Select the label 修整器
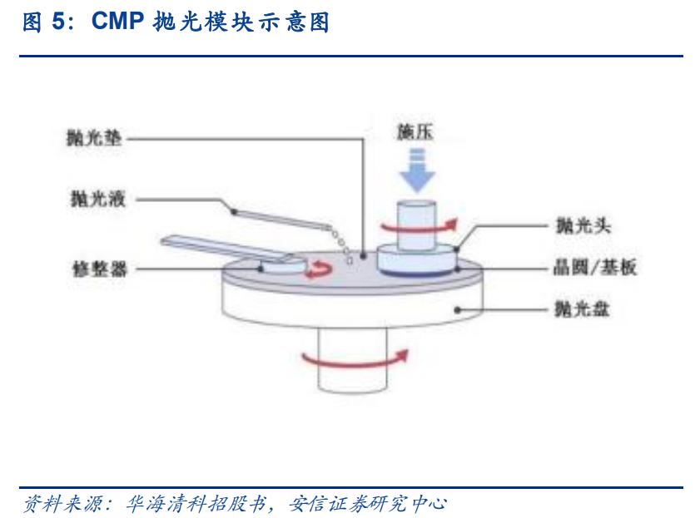(98, 270)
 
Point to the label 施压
(417, 131)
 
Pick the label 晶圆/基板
(594, 268)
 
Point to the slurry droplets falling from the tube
(341, 243)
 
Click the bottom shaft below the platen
(352, 378)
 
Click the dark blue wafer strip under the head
(416, 272)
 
